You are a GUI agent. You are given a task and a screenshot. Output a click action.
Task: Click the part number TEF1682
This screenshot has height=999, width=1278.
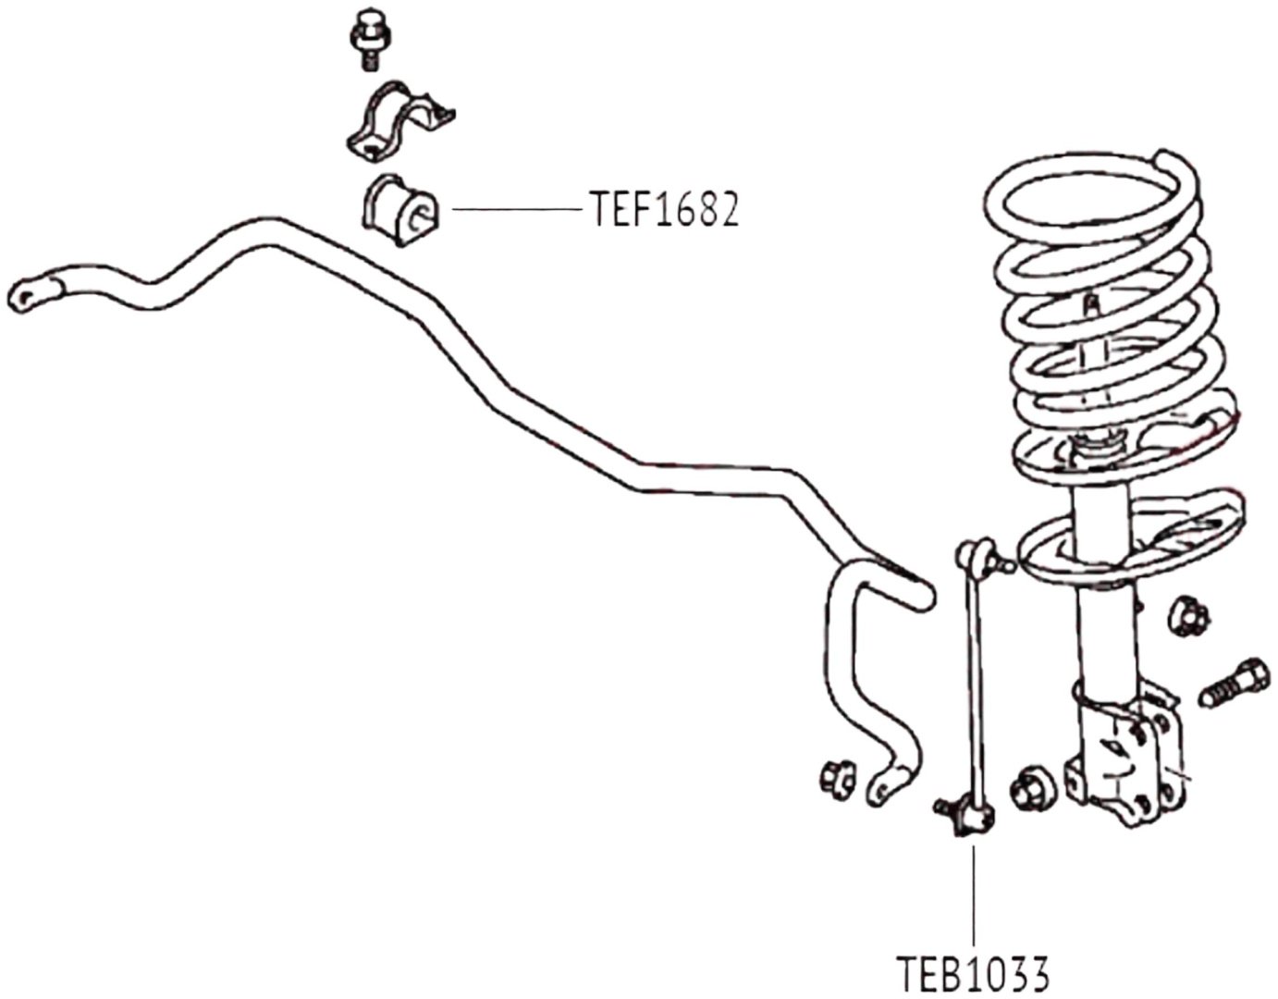pyautogui.click(x=664, y=209)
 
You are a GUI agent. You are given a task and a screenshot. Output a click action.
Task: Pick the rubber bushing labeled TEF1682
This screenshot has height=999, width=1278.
pyautogui.click(x=399, y=211)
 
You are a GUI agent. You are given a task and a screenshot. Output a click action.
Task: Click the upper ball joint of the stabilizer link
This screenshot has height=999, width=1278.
pyautogui.click(x=978, y=555)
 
